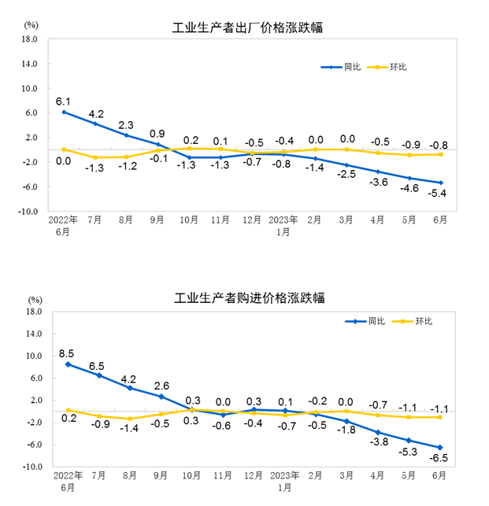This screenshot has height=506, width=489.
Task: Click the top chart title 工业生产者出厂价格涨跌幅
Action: tap(247, 28)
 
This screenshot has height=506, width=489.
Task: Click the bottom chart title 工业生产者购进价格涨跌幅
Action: tap(249, 298)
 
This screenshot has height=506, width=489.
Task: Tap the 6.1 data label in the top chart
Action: tap(63, 102)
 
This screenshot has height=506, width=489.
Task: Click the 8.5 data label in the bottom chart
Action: tap(67, 353)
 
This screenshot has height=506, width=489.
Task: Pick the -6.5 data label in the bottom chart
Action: tap(439, 458)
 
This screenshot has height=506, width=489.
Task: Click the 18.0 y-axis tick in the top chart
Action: tap(31, 39)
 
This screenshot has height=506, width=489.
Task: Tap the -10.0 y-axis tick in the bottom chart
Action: tap(32, 467)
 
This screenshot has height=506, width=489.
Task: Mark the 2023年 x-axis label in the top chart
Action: tap(283, 221)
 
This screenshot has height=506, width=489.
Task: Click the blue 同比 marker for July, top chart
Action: tap(95, 124)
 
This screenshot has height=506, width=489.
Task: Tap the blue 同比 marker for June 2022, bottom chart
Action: tap(68, 364)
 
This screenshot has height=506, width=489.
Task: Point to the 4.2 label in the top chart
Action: tap(95, 113)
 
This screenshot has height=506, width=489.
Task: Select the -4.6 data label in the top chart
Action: tap(409, 190)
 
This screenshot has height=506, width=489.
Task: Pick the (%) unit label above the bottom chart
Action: tap(35, 300)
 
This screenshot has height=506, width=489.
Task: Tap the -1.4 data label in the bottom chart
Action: tap(130, 429)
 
